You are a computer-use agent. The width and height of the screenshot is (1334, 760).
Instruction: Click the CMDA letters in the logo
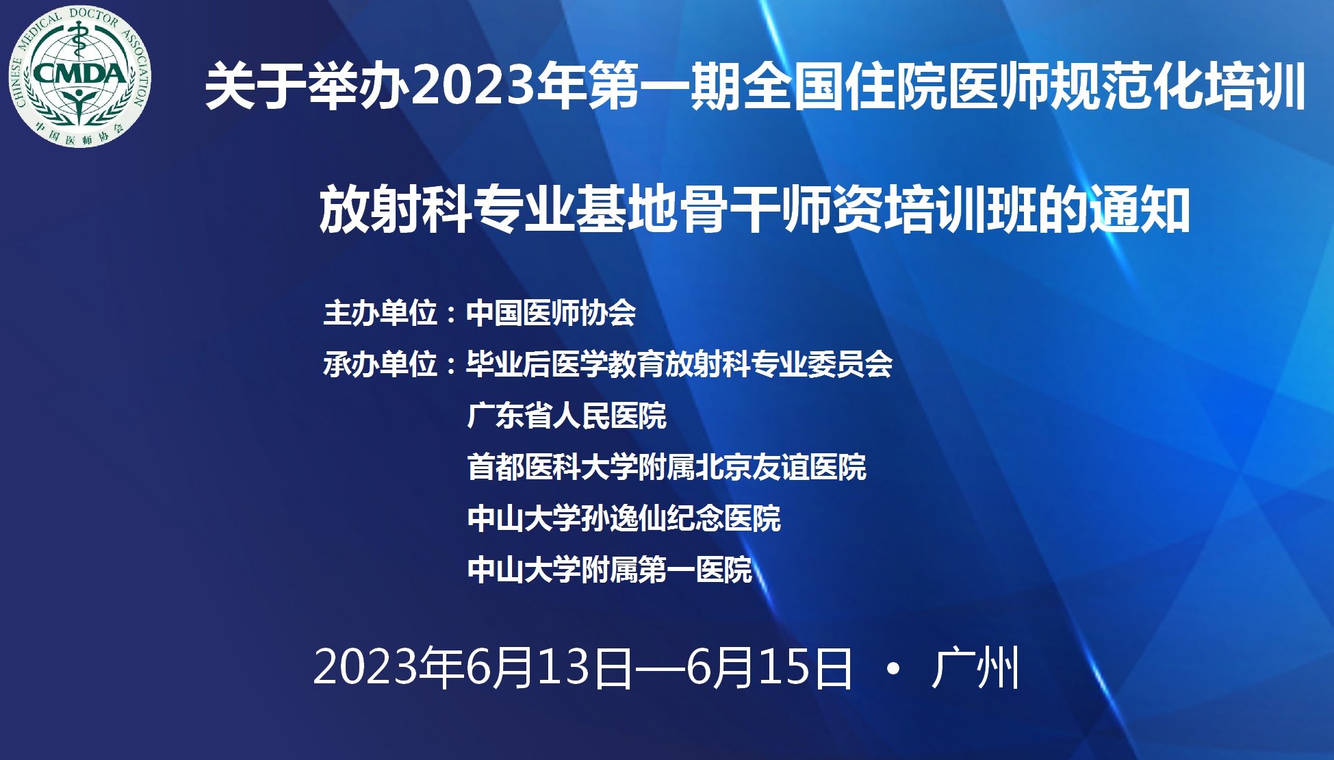tap(79, 73)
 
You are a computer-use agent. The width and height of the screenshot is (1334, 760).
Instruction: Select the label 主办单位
tap(380, 313)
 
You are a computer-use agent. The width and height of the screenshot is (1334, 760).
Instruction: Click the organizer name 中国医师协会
tap(551, 313)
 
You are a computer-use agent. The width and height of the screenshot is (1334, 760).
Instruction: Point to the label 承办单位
tap(380, 364)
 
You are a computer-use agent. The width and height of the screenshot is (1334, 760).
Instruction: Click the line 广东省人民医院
tap(567, 416)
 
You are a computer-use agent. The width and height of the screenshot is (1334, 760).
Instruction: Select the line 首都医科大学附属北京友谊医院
tap(667, 467)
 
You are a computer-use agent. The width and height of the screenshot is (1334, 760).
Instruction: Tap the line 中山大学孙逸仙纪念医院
tap(624, 518)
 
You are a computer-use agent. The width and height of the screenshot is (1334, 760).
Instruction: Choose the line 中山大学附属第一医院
tap(609, 570)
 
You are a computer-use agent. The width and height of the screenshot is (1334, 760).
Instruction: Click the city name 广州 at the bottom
tap(975, 668)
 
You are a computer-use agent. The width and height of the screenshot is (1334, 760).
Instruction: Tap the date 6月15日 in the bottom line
tap(770, 668)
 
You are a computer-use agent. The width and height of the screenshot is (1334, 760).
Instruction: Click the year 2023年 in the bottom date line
tap(389, 668)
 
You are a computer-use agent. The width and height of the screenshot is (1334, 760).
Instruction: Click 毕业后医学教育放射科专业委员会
tap(680, 364)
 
